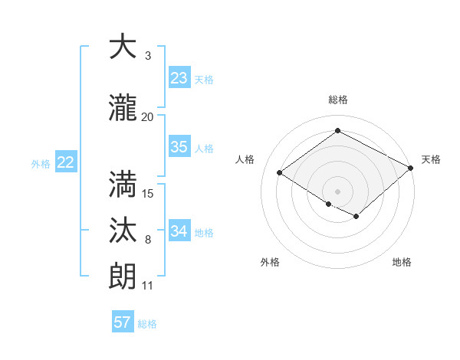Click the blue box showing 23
coord(179,78)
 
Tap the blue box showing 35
coord(179,147)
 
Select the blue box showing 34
coord(179,231)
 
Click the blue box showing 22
coord(66,162)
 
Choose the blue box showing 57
coord(123,322)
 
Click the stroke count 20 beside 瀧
coord(148,116)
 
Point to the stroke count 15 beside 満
coord(148,193)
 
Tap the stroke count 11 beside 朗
coord(148,286)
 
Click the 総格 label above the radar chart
coord(337,100)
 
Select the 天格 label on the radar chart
coord(431,159)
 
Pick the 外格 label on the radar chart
coord(270,262)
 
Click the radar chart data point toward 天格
coord(411,169)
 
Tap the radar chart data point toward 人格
coord(280,173)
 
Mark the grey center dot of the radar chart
coord(337,191)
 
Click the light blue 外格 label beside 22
coord(41,163)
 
